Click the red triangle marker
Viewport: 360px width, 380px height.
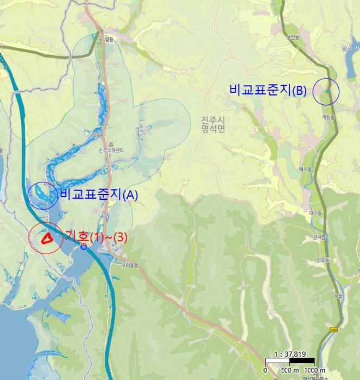(x=46, y=237)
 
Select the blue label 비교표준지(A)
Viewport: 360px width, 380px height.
(x=99, y=195)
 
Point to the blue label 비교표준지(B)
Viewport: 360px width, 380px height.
(x=268, y=91)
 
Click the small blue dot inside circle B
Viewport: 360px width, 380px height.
(x=327, y=91)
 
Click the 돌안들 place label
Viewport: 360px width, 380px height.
(x=293, y=37)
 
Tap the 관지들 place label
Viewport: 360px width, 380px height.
(x=319, y=237)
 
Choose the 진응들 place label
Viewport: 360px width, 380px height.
(x=324, y=260)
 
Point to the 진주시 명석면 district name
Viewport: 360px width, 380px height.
(x=212, y=124)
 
